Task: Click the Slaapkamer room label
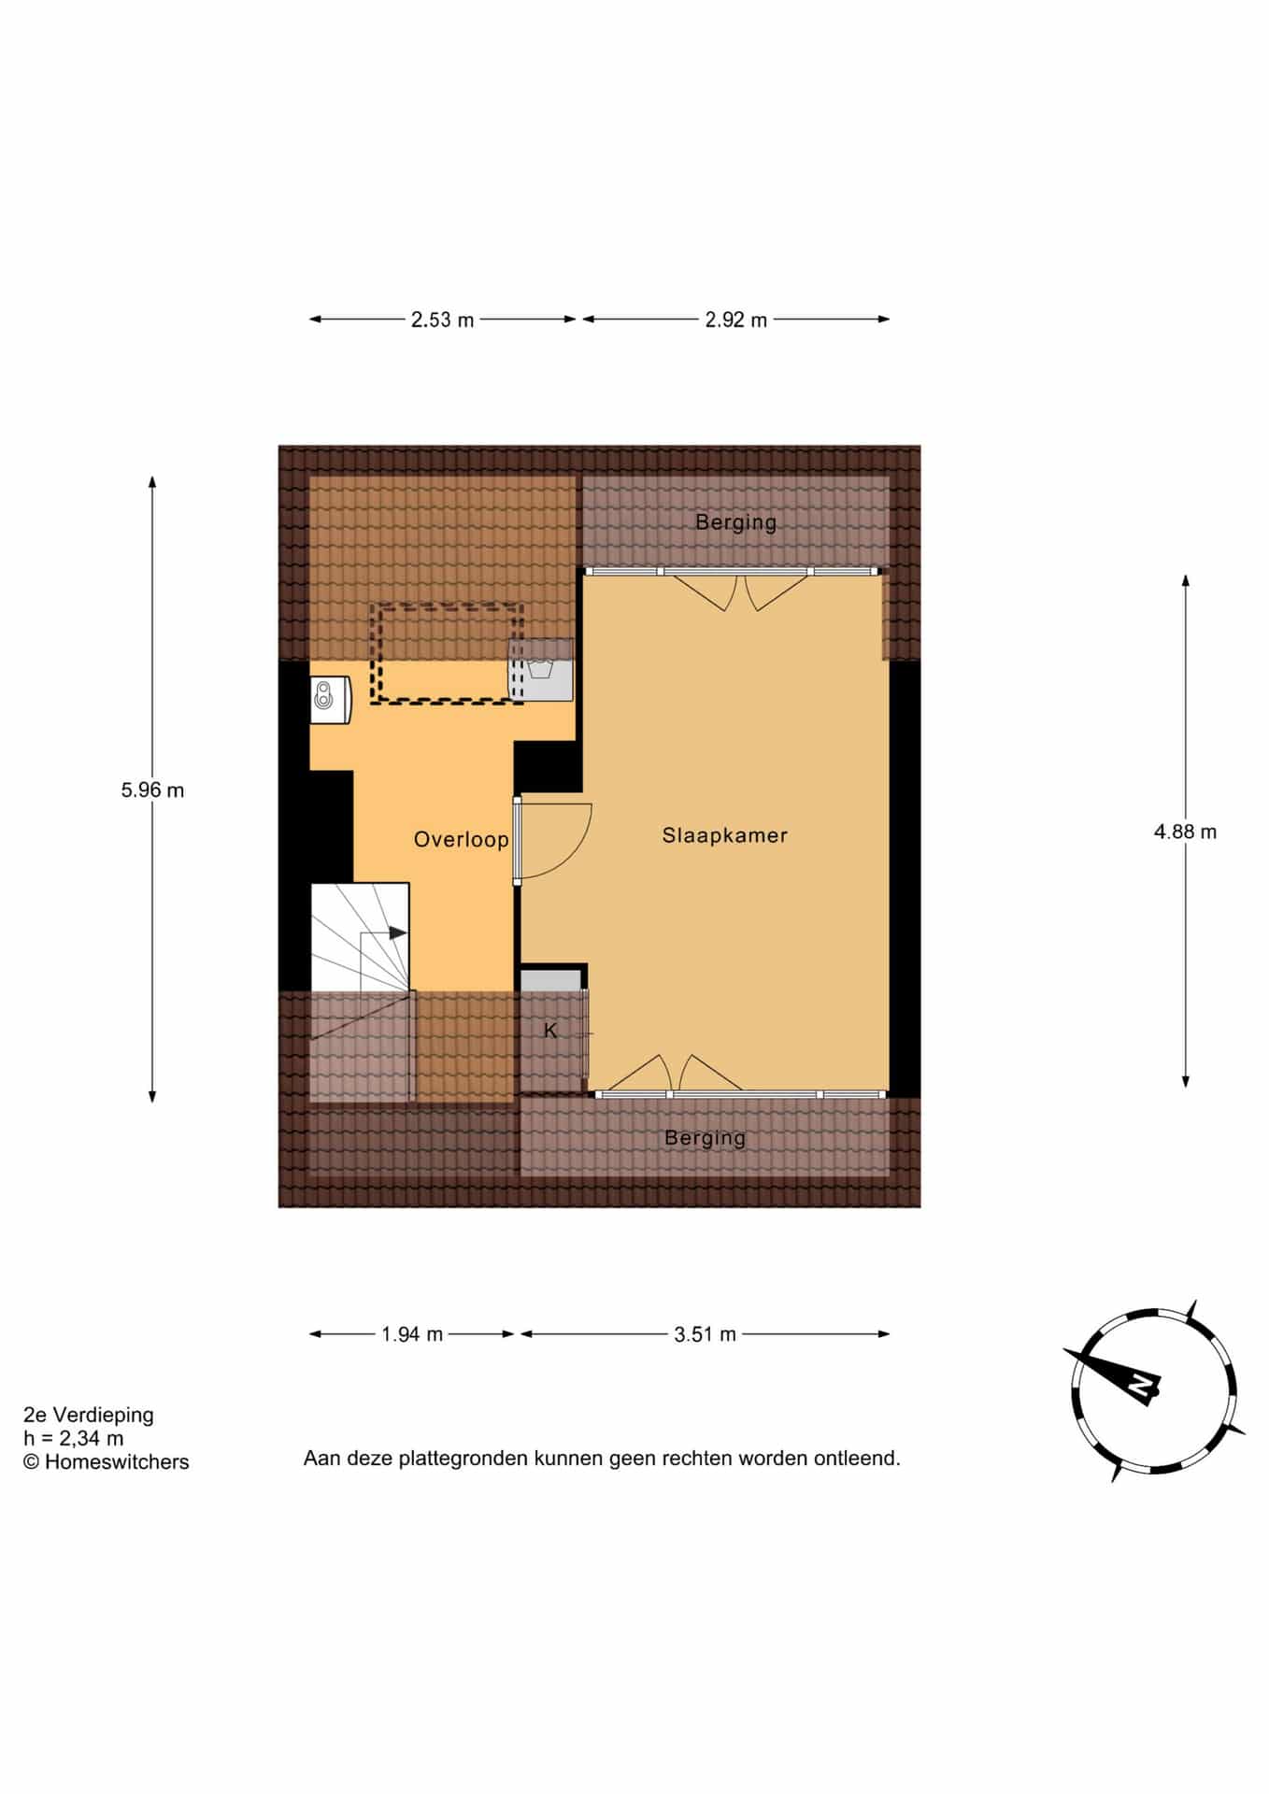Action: tap(724, 835)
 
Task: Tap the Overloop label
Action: tap(462, 839)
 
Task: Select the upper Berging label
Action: tap(735, 522)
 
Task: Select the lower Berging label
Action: tap(705, 1138)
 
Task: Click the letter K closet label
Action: tap(550, 1031)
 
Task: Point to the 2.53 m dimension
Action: tap(443, 320)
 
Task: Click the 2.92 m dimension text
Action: tap(736, 320)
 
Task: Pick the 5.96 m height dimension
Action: tap(152, 790)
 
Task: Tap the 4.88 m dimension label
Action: tap(1185, 832)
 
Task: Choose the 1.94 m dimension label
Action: tap(412, 1334)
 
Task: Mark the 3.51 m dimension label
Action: tap(706, 1334)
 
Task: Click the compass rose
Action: tap(1154, 1390)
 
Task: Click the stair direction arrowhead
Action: tap(398, 933)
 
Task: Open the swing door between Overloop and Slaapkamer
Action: tap(553, 840)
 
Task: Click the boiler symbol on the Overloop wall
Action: tap(331, 700)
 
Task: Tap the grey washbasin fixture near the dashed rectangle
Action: tap(540, 670)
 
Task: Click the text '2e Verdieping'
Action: tap(89, 1416)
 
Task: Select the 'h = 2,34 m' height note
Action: tap(74, 1439)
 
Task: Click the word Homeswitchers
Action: tap(117, 1462)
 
